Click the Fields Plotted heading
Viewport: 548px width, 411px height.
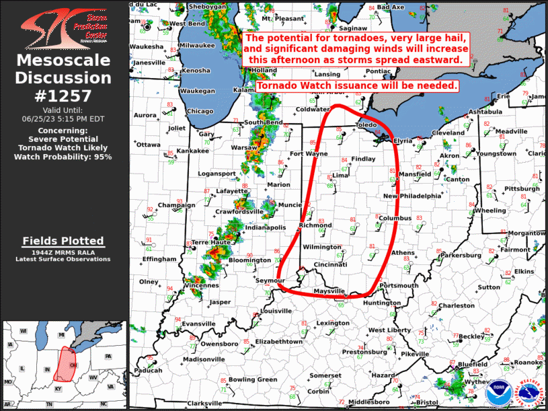(63, 241)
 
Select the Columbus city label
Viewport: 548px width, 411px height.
(394, 219)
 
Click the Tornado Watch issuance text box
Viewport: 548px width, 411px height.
(357, 85)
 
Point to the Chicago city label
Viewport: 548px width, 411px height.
(199, 112)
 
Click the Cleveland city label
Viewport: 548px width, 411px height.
(448, 133)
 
